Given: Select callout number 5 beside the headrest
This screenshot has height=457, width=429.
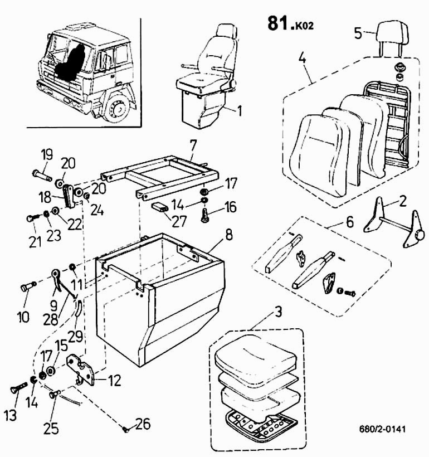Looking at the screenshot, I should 358,32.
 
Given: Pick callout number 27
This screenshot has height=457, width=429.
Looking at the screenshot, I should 179,221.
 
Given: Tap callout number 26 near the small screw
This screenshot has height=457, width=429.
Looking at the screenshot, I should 143,425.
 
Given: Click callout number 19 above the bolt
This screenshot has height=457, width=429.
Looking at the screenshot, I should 46,154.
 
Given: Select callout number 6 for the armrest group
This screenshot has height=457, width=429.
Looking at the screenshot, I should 349,221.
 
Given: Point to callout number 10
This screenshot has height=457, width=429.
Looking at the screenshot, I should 23,317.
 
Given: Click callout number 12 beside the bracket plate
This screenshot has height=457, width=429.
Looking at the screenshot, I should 114,381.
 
